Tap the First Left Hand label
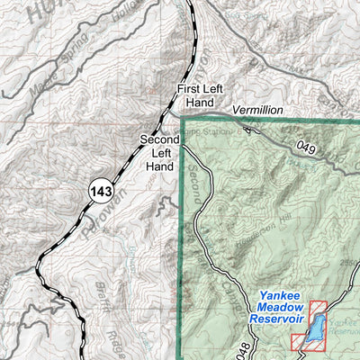[199, 96]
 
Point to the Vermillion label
[256, 110]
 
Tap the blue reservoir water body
[314, 329]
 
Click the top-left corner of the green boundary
[183, 118]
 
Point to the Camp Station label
[205, 130]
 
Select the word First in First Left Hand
[187, 89]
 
